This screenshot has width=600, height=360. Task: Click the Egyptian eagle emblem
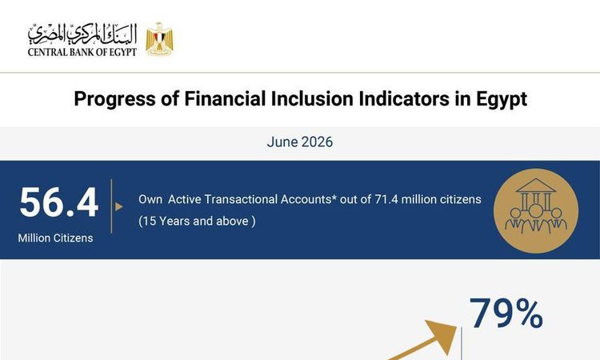point(159,39)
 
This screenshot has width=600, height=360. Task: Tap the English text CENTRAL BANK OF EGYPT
point(82,52)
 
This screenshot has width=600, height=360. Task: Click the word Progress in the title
point(114,99)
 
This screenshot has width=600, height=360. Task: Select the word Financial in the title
point(225,98)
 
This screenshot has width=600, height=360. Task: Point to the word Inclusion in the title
point(312,98)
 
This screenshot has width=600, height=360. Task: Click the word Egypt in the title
point(502,99)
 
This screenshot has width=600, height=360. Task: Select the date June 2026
point(300,142)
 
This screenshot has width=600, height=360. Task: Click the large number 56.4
point(59,202)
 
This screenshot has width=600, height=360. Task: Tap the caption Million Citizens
point(55,238)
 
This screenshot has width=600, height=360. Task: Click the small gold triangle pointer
point(119,206)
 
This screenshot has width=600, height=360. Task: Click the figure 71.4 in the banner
point(386,199)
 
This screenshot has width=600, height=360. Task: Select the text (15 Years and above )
point(197,221)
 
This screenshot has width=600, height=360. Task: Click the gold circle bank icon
point(536,210)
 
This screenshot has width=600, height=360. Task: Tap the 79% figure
point(506,314)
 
